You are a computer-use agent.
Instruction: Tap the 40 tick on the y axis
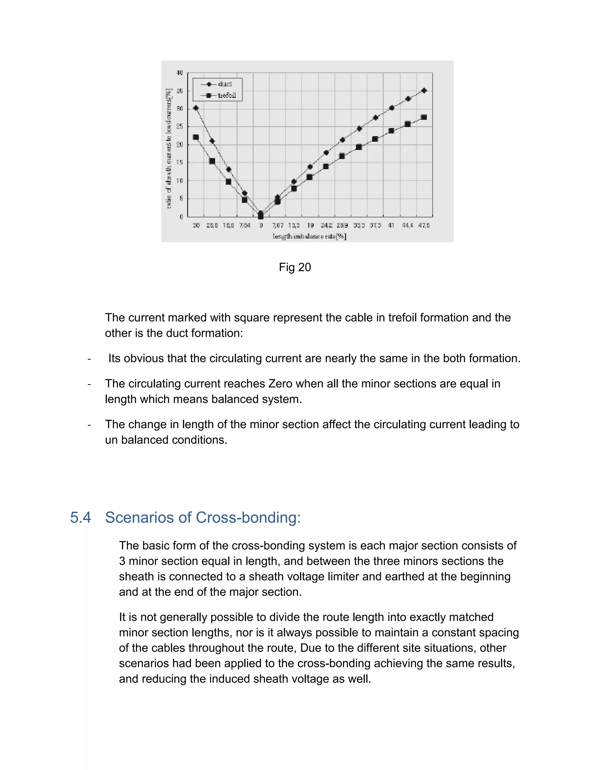tap(180, 73)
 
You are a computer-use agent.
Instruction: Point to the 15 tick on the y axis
tap(180, 162)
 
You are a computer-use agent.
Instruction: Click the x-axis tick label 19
tap(310, 225)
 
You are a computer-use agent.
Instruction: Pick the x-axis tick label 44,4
tap(408, 225)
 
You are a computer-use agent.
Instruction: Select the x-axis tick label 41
tap(391, 225)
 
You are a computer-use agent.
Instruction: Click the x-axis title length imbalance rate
tap(309, 236)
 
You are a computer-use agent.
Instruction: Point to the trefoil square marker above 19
tap(309, 177)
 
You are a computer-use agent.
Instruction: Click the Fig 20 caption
tap(295, 267)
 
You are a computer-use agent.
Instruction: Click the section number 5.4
tap(80, 517)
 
